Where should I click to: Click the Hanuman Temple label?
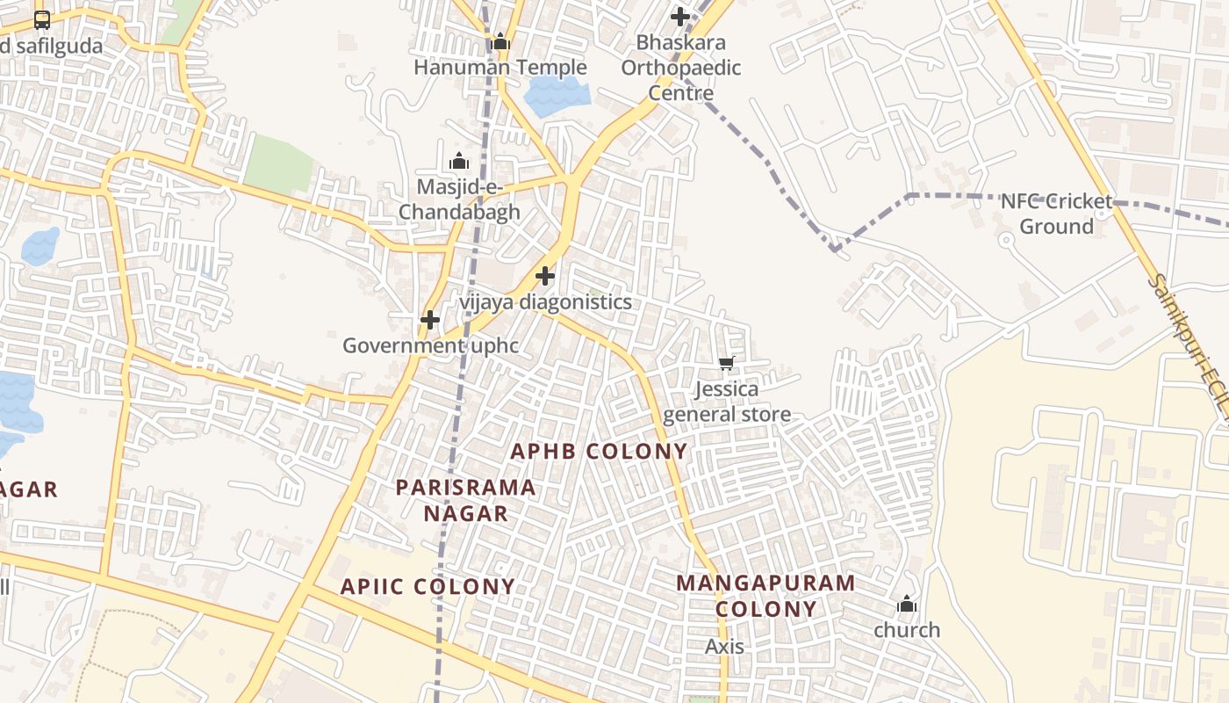coord(500,68)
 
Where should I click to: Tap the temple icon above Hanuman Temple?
coord(500,41)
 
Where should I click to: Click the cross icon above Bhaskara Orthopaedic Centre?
coord(679,17)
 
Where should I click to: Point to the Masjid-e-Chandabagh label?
coord(459,199)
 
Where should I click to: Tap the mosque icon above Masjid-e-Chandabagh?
coord(458,162)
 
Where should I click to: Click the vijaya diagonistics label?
coord(545,302)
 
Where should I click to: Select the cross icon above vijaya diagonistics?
coord(545,276)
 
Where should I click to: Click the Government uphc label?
coord(430,345)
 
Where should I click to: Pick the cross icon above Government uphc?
coord(429,320)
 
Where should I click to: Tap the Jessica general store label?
coord(727,402)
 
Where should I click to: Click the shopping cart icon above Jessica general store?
coord(726,363)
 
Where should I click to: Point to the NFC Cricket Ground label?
coord(1056,214)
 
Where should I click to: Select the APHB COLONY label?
coord(600,452)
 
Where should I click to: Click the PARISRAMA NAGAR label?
coord(465,500)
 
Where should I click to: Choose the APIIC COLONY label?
coord(428,586)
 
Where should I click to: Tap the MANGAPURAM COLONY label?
coord(765,596)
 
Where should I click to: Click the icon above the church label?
coord(907,605)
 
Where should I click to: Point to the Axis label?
coord(725,647)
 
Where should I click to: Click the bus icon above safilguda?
coord(42,19)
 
